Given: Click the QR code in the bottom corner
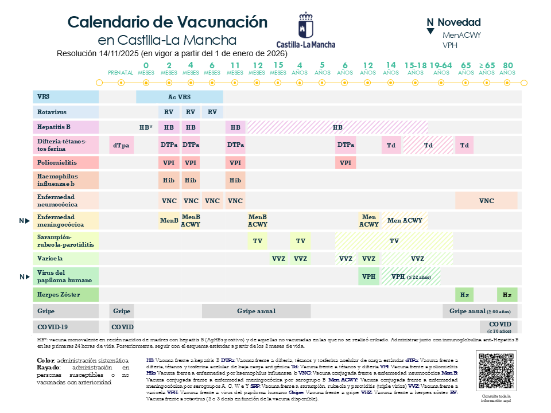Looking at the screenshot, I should (x=494, y=371).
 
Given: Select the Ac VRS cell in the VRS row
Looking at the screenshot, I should (x=180, y=97).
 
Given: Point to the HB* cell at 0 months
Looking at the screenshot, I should (x=146, y=127).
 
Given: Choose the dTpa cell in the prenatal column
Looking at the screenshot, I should (x=121, y=145).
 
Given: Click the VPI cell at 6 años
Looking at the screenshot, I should (x=345, y=163).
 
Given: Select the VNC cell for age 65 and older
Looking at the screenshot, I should (x=486, y=201).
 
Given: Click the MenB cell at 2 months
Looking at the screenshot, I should (x=169, y=220).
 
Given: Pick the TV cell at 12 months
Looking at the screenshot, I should (x=257, y=241).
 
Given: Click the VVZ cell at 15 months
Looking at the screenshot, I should (x=278, y=259).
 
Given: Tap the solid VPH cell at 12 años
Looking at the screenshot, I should (x=368, y=276).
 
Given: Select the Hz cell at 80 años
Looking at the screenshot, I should (x=507, y=295).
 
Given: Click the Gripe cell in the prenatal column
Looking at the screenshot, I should (x=121, y=311).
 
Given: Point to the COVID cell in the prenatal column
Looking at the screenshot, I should (x=122, y=327).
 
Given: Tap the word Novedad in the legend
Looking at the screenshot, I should (x=459, y=23).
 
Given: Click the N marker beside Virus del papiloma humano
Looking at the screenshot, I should (x=24, y=277).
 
